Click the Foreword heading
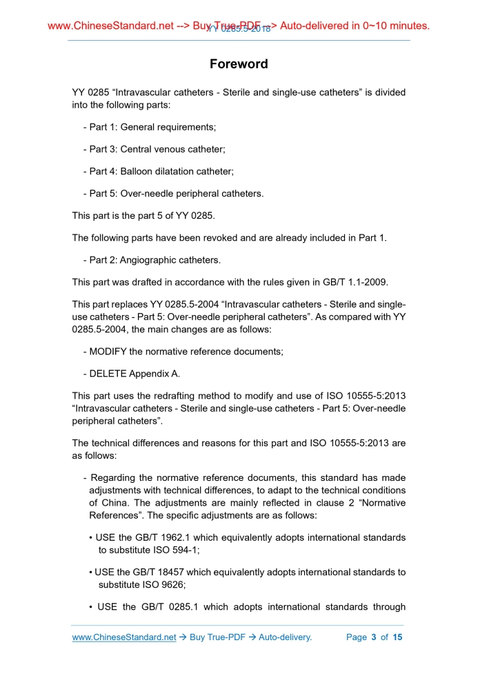click(x=239, y=64)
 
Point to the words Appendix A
click(x=155, y=373)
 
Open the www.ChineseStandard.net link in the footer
click(x=124, y=637)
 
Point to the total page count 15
click(x=397, y=637)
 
